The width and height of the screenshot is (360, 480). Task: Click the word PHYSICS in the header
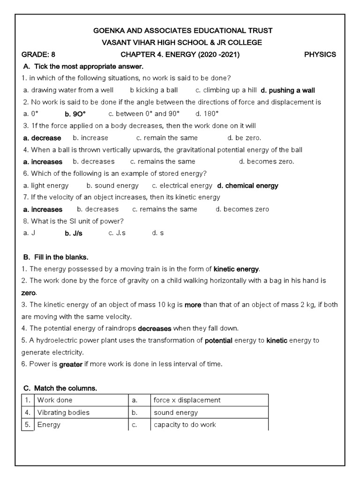(320, 54)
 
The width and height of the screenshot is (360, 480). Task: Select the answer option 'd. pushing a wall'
(288, 90)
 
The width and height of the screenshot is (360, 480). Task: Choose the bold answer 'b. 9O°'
(75, 114)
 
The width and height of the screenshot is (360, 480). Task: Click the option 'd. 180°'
(207, 114)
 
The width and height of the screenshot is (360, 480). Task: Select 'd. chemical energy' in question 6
(248, 186)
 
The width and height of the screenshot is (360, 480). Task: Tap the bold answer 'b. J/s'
(74, 233)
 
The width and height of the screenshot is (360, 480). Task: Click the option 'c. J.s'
(117, 233)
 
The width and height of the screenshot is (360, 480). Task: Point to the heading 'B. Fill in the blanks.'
(56, 257)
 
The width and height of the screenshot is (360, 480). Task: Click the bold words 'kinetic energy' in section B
(236, 269)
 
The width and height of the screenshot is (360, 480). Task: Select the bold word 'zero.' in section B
(29, 292)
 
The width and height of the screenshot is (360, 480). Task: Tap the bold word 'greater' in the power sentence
(70, 364)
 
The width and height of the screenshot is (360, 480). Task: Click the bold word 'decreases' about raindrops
(155, 328)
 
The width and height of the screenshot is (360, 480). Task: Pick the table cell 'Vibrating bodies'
(63, 412)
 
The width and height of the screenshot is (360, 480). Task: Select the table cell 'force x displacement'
(187, 400)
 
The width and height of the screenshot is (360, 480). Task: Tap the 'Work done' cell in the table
(55, 400)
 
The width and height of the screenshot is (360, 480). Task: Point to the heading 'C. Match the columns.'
(60, 389)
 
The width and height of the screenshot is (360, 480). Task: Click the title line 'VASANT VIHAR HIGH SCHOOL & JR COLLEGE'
(182, 43)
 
